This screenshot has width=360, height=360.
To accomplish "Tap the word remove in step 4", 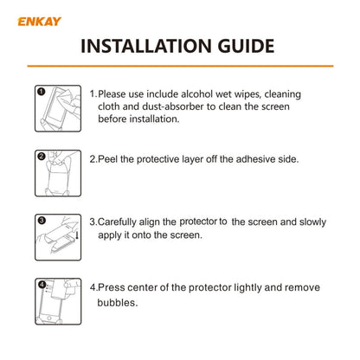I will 299,287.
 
